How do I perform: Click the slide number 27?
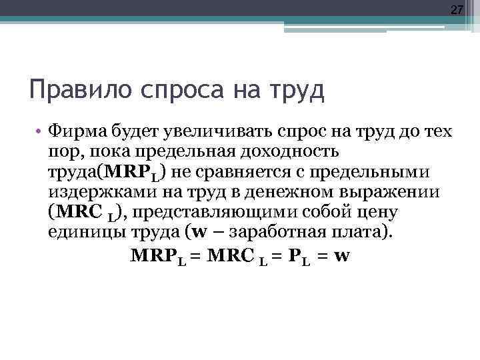(x=457, y=10)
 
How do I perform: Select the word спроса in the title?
(x=166, y=89)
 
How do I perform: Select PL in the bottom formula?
(x=296, y=255)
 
